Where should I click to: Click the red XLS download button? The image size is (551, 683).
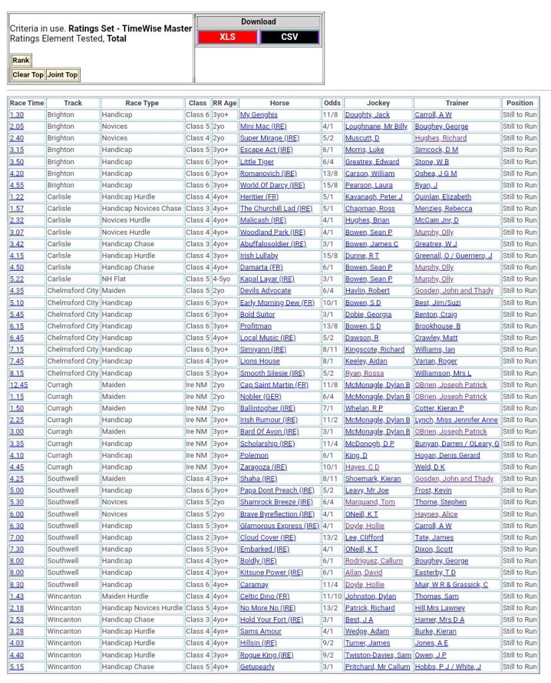click(x=228, y=37)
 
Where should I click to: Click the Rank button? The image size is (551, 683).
click(x=21, y=61)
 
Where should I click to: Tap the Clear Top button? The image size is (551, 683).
click(x=28, y=75)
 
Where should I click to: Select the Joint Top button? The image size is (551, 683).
click(x=62, y=75)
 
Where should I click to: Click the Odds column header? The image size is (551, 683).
click(x=332, y=103)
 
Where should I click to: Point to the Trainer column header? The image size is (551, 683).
click(x=456, y=103)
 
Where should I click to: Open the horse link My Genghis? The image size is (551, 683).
click(x=259, y=115)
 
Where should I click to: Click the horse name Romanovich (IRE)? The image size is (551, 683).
click(x=268, y=173)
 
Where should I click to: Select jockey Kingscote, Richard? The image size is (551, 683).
click(x=374, y=350)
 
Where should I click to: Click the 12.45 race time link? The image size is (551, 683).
click(x=19, y=385)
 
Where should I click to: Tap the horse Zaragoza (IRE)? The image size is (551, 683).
click(x=263, y=467)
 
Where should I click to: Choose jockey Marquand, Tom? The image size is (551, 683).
click(x=370, y=502)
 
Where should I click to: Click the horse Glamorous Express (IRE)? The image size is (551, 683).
click(x=279, y=526)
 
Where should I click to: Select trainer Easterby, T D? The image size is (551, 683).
click(x=435, y=572)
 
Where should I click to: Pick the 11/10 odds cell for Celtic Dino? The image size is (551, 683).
click(x=332, y=596)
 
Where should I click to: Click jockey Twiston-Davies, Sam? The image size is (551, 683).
click(x=378, y=655)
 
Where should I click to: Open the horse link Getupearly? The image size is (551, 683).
click(x=257, y=666)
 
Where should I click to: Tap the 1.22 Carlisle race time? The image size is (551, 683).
click(x=17, y=197)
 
